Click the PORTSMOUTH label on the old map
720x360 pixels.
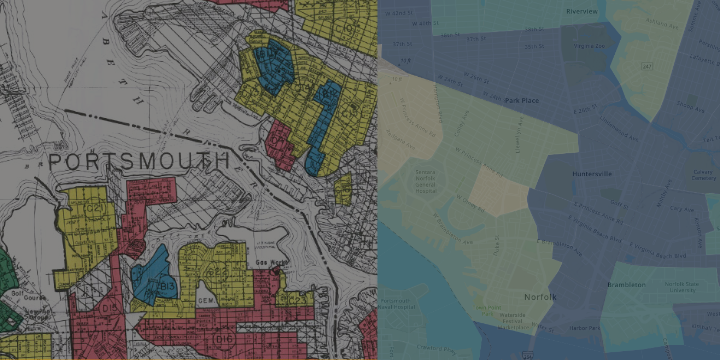click(x=139, y=161)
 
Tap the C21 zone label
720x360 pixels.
click(x=95, y=209)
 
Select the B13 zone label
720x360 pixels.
click(x=167, y=286)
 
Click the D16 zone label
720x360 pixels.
click(x=224, y=339)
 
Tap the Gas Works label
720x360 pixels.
click(x=271, y=263)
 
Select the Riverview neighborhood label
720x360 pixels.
click(x=582, y=11)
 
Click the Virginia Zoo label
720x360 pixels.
click(x=589, y=46)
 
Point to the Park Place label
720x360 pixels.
click(x=522, y=101)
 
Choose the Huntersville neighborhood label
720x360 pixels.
click(x=592, y=174)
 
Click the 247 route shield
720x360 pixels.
click(x=647, y=66)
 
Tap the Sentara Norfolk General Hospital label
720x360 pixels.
click(x=425, y=182)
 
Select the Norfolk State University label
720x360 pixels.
click(x=682, y=287)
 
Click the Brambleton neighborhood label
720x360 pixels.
click(x=626, y=285)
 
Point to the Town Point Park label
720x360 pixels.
click(x=487, y=310)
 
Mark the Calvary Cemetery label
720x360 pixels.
click(x=703, y=175)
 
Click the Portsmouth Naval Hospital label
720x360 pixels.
click(x=396, y=304)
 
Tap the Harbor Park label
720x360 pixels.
click(x=584, y=328)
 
